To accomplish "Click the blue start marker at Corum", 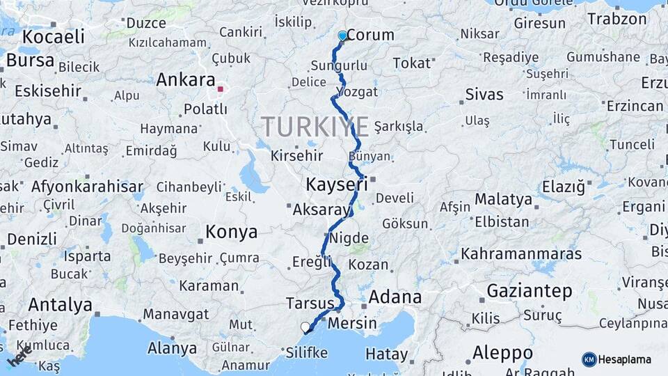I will (x=342, y=36).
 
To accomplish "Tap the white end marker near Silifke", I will (x=305, y=327).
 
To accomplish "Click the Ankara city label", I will (x=185, y=79).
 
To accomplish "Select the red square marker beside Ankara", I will (x=221, y=89).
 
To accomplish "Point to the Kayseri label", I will (x=337, y=185).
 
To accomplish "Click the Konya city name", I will (x=231, y=232).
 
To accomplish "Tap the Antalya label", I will (x=60, y=305).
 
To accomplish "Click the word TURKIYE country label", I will (x=315, y=127).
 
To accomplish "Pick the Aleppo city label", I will (x=502, y=352).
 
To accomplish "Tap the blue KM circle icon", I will (x=589, y=359).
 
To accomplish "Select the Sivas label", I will (x=484, y=95).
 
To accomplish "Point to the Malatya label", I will (x=503, y=200).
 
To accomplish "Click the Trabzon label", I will (x=617, y=19).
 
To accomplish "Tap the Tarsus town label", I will (x=310, y=303).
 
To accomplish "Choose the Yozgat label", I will (x=358, y=92).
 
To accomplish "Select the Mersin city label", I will (x=351, y=323).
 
